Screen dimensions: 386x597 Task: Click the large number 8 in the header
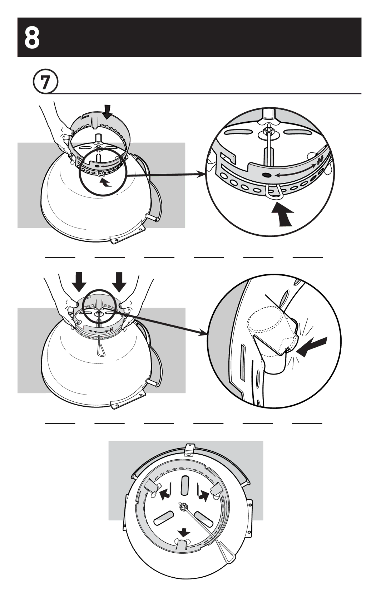pos(32,38)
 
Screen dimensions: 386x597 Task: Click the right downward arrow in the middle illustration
pos(119,282)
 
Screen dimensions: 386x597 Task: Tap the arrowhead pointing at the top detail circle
pos(202,175)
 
